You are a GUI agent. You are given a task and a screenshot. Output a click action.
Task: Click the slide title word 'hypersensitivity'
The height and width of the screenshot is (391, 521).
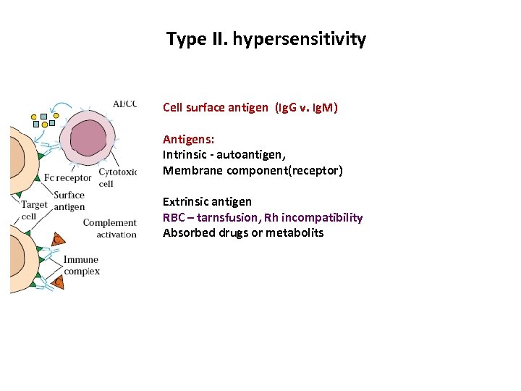(x=299, y=39)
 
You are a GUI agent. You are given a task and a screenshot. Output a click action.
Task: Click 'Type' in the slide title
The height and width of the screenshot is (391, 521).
(x=185, y=39)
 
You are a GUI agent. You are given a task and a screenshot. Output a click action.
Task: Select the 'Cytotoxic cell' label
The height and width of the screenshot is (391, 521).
(x=116, y=177)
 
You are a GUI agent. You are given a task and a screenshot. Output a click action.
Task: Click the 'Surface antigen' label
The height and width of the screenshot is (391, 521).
(x=69, y=201)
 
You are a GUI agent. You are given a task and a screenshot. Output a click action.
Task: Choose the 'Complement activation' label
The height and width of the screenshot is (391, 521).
(x=109, y=228)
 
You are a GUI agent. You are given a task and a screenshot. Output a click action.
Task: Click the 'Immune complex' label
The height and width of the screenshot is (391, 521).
(x=81, y=265)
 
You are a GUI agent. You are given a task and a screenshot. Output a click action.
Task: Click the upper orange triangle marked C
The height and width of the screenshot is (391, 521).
(x=56, y=238)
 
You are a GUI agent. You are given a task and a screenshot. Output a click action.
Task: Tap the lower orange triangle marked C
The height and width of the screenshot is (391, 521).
(x=58, y=282)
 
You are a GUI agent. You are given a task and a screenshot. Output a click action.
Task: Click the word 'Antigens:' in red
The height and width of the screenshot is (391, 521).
(x=188, y=139)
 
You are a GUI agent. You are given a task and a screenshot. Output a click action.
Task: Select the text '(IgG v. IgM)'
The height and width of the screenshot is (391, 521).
(x=305, y=108)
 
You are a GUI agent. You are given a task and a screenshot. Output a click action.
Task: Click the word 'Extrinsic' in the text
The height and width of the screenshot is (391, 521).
(x=185, y=201)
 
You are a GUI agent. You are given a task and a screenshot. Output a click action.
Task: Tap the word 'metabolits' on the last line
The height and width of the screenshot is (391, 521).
(x=295, y=233)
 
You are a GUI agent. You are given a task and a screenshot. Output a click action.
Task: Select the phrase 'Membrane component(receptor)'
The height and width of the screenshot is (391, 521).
(x=253, y=171)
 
